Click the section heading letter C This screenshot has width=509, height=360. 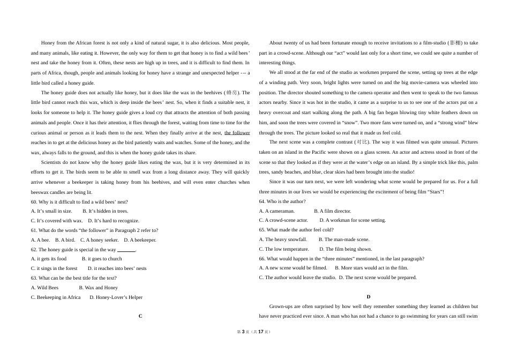click(x=140, y=316)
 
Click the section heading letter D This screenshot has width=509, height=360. click(x=369, y=297)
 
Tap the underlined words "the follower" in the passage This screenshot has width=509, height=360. click(x=237, y=133)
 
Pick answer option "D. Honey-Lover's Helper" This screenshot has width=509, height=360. click(x=116, y=297)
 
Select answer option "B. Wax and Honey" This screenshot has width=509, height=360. click(x=99, y=288)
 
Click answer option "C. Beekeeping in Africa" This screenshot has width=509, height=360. click(x=56, y=297)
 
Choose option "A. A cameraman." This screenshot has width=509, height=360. click(x=277, y=211)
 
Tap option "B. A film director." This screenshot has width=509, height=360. click(x=333, y=211)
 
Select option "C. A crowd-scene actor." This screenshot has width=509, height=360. click(x=283, y=220)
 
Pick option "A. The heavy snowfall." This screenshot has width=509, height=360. click(x=283, y=239)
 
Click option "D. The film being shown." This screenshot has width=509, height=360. click(x=346, y=249)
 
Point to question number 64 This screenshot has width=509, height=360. click(x=262, y=201)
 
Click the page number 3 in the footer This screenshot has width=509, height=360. click(x=243, y=332)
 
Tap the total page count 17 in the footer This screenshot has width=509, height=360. click(x=261, y=332)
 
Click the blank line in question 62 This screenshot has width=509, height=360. click(x=126, y=250)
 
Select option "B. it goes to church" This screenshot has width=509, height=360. click(x=102, y=259)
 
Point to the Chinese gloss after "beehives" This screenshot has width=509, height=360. click(x=231, y=93)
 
